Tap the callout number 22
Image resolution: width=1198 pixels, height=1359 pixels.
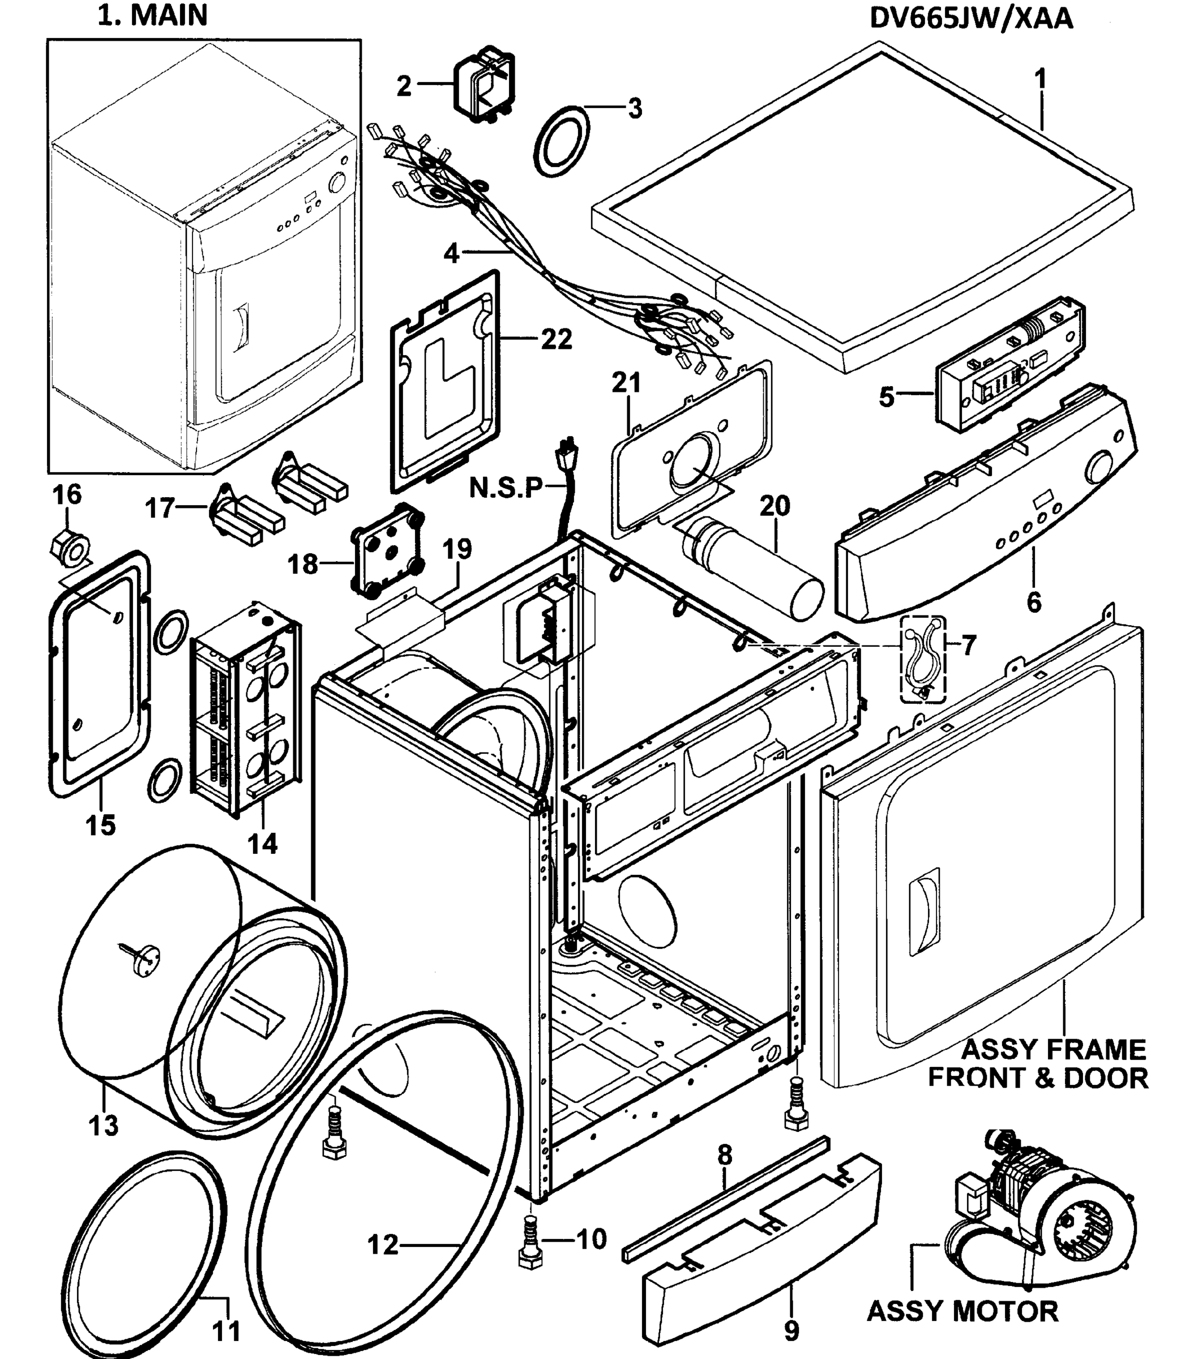(556, 339)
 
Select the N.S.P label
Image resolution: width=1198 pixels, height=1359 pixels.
(505, 488)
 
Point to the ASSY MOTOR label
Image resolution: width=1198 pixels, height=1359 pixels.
(962, 1311)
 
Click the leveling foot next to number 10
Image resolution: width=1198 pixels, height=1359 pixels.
(530, 1243)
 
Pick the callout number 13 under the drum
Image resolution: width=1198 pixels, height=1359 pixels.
(104, 1125)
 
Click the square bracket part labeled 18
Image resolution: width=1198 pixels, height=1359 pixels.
(388, 549)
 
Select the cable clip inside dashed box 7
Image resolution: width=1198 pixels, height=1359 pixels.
(922, 657)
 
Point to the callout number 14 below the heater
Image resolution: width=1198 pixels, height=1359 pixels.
(263, 844)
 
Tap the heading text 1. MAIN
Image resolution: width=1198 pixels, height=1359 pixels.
(153, 15)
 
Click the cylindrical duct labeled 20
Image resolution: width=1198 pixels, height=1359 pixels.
(751, 567)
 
